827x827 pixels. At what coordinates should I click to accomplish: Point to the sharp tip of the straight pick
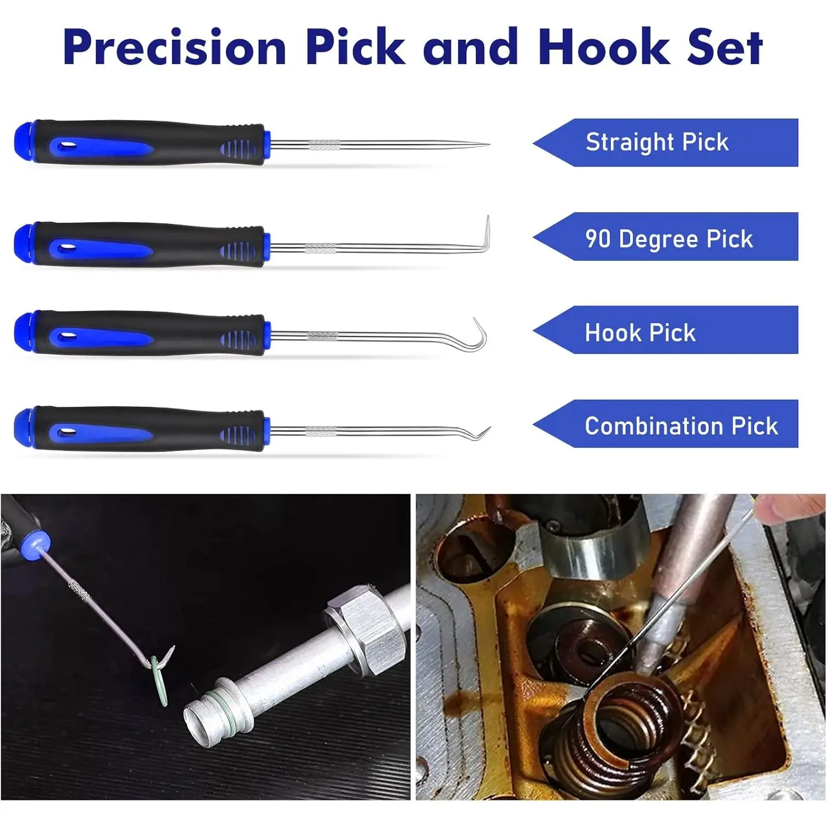pos(488,145)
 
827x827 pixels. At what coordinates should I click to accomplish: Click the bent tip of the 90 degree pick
pos(487,218)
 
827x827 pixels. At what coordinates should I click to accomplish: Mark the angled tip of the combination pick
pos(489,428)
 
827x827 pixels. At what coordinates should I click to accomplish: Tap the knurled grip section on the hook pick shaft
pos(321,336)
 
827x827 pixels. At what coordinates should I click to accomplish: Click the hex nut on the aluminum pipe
pos(365,628)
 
